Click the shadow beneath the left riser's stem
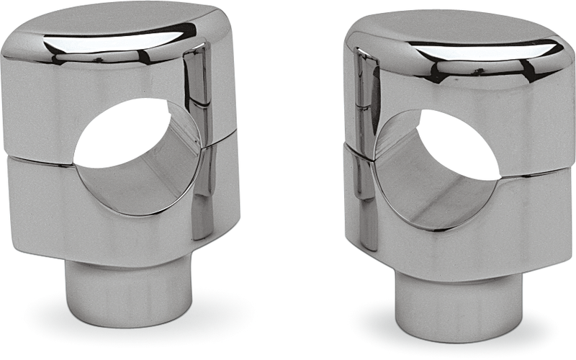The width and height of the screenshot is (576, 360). tap(115, 322)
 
